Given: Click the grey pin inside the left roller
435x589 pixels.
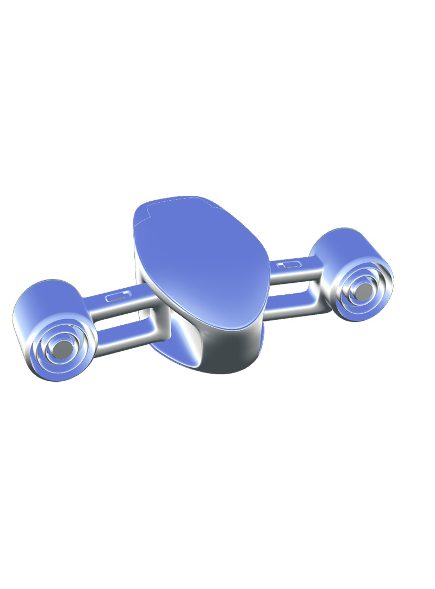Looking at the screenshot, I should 63,347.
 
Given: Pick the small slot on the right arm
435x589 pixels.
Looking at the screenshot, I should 289,265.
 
